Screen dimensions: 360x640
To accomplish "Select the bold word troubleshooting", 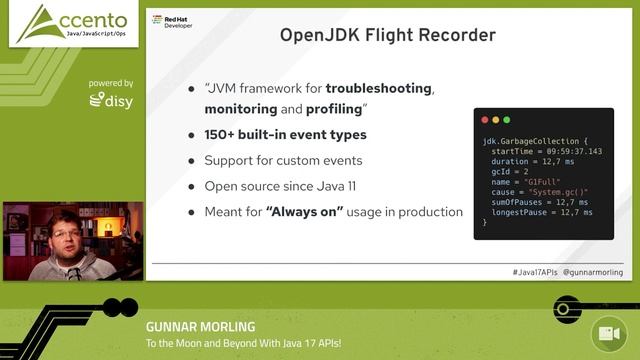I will click(x=378, y=88).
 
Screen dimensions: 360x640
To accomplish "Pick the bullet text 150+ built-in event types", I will click(x=285, y=134).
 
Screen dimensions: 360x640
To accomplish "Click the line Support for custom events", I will click(x=282, y=160).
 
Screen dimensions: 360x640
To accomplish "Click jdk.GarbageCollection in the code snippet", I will click(x=529, y=141).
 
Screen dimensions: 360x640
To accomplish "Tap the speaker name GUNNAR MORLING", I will click(x=200, y=326).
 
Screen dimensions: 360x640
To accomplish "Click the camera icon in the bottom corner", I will click(x=606, y=333).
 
